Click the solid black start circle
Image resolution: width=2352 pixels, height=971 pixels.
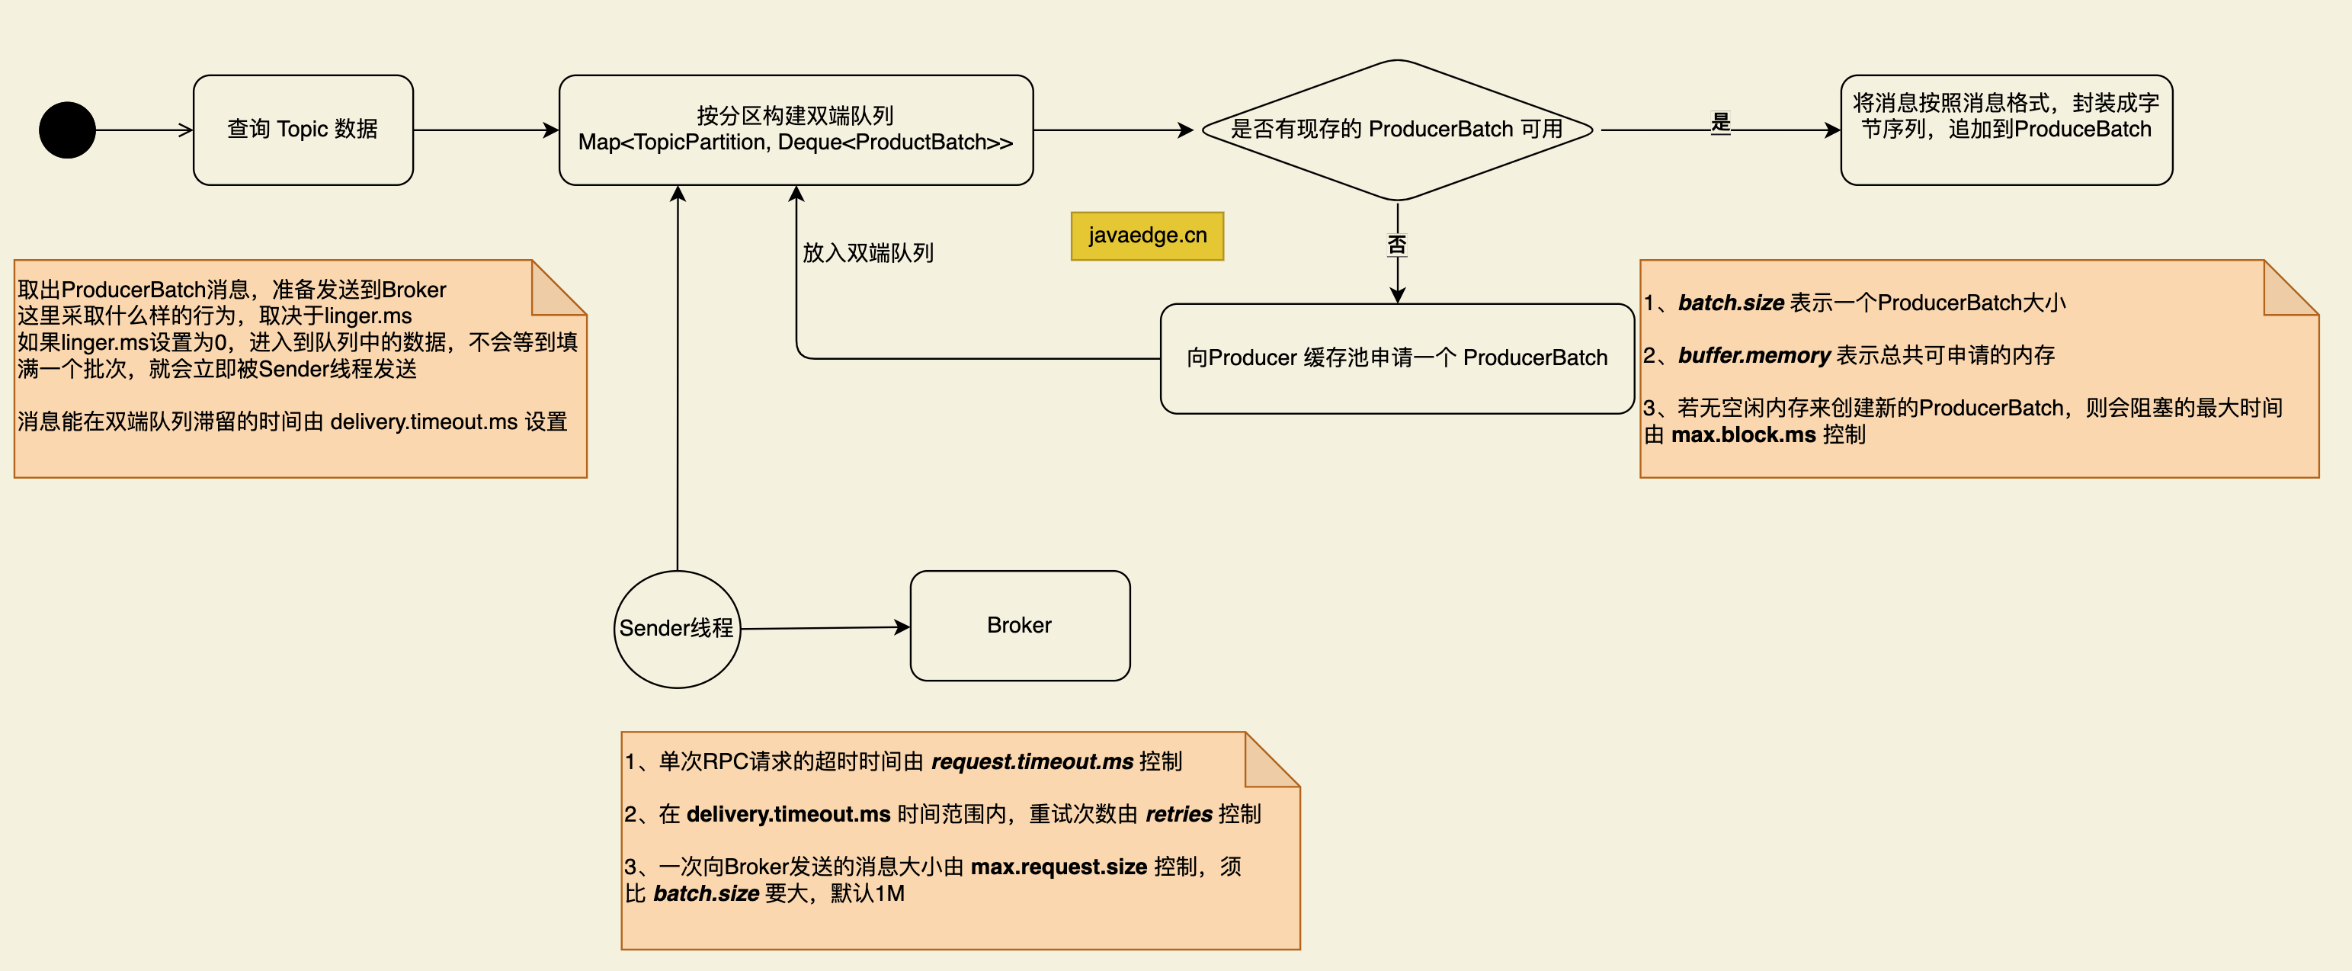click(66, 130)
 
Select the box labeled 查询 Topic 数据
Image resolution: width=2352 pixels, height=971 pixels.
click(303, 130)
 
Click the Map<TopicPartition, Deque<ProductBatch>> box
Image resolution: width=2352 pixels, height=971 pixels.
click(795, 130)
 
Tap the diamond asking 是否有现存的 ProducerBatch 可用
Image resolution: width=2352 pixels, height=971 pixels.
click(1396, 130)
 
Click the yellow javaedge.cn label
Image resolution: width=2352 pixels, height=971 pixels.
click(1147, 236)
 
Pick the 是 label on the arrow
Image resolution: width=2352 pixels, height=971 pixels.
click(1720, 123)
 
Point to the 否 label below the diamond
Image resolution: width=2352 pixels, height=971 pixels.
click(1396, 244)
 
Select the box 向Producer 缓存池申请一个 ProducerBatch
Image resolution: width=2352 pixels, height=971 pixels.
click(1396, 358)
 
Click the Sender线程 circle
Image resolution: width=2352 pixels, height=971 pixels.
click(677, 629)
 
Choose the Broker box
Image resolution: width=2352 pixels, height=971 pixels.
click(1019, 626)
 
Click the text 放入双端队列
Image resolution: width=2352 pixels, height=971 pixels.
click(867, 253)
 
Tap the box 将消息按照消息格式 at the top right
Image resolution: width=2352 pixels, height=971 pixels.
click(2006, 130)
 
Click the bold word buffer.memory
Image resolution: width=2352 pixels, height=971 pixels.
click(1753, 355)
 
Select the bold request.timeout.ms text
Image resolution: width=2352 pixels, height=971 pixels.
click(1032, 762)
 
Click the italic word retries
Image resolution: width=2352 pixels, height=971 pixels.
click(1178, 814)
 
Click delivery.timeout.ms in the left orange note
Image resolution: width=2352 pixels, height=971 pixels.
click(424, 422)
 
